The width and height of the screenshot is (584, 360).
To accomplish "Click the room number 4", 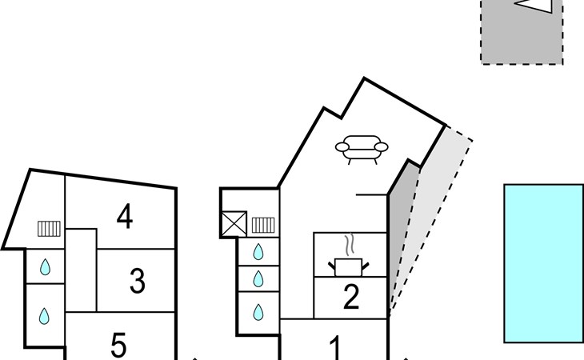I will pos(124,217).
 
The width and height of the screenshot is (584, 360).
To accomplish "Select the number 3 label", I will pos(137,281).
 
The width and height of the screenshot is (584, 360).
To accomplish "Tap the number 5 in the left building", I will pos(118,346).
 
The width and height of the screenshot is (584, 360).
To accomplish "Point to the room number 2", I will pos(350,298).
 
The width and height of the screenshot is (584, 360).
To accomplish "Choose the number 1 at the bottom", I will pos(336,347).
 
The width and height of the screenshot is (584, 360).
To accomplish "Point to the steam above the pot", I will pos(348,243).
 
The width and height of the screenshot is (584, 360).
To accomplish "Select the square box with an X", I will pos(234,222).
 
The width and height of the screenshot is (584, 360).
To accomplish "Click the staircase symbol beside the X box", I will pos(263,225).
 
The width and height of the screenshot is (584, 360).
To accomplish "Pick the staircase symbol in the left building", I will pos(50,229).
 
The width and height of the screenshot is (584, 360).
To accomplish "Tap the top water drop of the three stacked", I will pos(258,252).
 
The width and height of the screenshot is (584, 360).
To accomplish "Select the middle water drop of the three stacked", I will pos(258,279).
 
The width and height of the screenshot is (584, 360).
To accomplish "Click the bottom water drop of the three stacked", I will pos(258,310).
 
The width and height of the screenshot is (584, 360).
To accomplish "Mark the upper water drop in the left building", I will pos(46,267).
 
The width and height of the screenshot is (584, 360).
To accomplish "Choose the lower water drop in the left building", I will pos(46,316).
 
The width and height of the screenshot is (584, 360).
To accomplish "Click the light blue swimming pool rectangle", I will pos(543,263).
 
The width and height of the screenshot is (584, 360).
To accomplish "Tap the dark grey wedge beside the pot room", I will pos(400,232).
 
